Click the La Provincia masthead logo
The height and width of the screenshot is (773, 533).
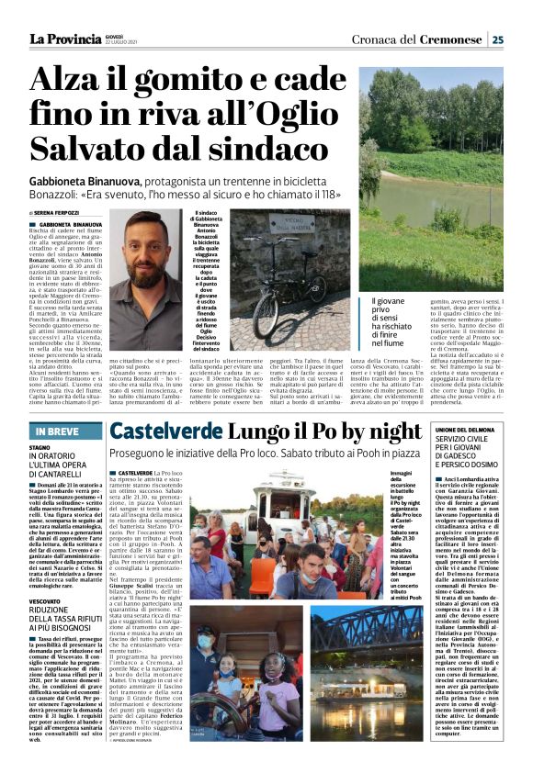tap(63, 39)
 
